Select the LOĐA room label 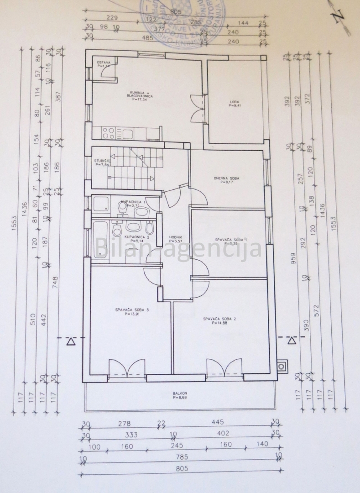(x=234, y=102)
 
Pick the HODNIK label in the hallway (x=176, y=237)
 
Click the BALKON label (x=180, y=393)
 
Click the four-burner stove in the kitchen (x=108, y=133)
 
